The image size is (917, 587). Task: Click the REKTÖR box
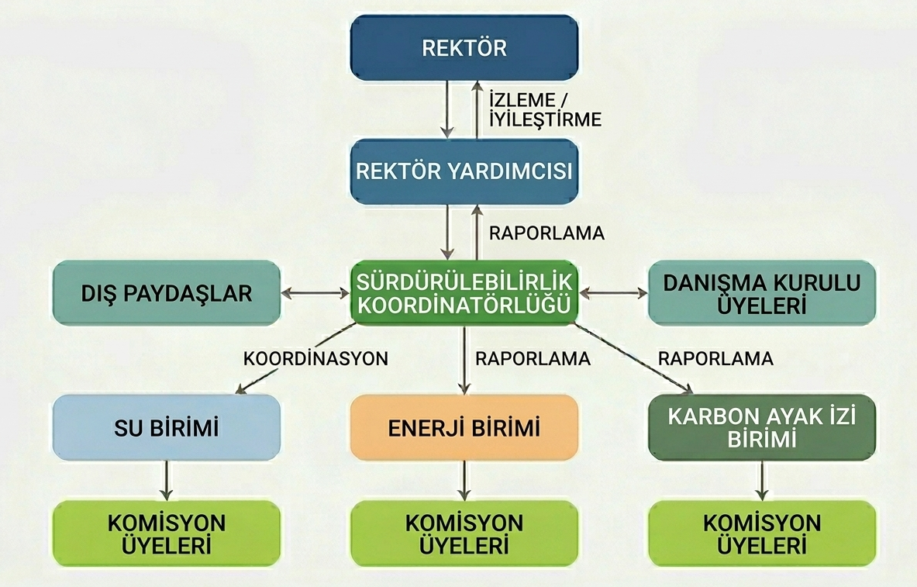pyautogui.click(x=464, y=48)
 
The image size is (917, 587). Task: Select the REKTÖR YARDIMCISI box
pyautogui.click(x=464, y=171)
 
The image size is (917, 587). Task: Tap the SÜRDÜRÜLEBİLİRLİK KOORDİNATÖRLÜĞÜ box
pyautogui.click(x=464, y=292)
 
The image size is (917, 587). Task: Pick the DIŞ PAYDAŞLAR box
pyautogui.click(x=166, y=293)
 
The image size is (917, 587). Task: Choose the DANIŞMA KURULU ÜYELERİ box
pyautogui.click(x=761, y=293)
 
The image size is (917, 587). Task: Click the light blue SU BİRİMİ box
pyautogui.click(x=166, y=427)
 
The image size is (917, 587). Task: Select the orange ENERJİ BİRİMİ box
pyautogui.click(x=464, y=427)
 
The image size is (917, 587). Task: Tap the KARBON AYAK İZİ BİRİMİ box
pyautogui.click(x=761, y=427)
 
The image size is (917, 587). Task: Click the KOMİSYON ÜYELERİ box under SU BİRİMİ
pyautogui.click(x=166, y=533)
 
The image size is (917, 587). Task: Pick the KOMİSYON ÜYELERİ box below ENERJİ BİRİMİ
pyautogui.click(x=464, y=533)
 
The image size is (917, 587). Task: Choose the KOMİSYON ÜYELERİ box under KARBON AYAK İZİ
pyautogui.click(x=761, y=533)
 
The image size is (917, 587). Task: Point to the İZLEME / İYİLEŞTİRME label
pyautogui.click(x=545, y=109)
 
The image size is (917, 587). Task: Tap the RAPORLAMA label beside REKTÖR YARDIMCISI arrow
pyautogui.click(x=546, y=233)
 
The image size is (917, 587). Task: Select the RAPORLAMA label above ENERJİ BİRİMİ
pyautogui.click(x=533, y=359)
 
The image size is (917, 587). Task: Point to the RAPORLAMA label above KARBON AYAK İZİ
pyautogui.click(x=715, y=359)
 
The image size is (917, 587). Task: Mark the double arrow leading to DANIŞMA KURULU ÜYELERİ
pyautogui.click(x=613, y=293)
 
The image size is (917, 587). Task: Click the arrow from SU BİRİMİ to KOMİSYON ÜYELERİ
pyautogui.click(x=166, y=481)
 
